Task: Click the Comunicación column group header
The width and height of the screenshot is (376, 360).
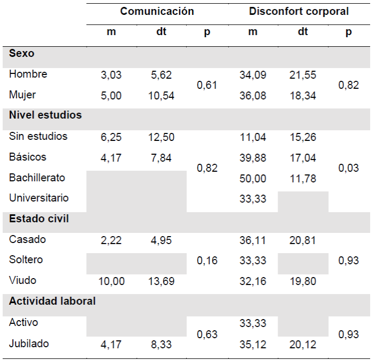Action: tap(157, 11)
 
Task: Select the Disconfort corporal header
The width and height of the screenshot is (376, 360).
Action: tap(299, 11)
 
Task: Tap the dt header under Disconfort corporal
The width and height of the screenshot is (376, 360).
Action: tap(303, 32)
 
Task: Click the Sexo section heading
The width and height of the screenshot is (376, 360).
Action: tap(22, 53)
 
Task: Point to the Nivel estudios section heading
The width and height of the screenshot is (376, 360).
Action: tap(45, 115)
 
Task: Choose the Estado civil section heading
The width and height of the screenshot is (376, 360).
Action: tap(39, 219)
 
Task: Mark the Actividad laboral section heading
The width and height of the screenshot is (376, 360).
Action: tap(52, 301)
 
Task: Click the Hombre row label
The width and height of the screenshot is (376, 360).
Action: tap(28, 74)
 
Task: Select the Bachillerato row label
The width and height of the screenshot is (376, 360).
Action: tap(37, 178)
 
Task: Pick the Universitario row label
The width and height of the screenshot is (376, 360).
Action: tap(39, 198)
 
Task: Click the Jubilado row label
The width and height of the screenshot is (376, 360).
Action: tap(29, 344)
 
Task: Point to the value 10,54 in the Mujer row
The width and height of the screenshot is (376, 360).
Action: tap(161, 96)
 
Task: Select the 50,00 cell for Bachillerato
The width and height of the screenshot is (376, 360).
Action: tap(253, 178)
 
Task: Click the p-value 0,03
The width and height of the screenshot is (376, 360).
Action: tap(348, 168)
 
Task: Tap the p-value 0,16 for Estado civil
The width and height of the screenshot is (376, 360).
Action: tap(207, 261)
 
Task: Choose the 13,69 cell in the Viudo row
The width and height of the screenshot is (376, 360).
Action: tap(161, 281)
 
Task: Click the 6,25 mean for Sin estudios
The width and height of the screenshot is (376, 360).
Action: tap(111, 137)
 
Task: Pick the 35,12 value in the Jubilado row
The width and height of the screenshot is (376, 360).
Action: tap(253, 345)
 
